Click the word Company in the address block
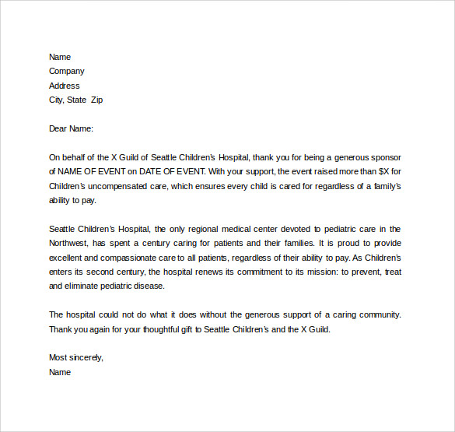(x=67, y=71)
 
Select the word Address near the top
(x=65, y=86)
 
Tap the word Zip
(x=96, y=100)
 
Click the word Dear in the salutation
(x=58, y=128)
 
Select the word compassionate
(x=121, y=257)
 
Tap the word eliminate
(x=86, y=286)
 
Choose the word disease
(x=149, y=286)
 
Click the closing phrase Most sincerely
(x=76, y=357)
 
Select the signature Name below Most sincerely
(x=60, y=372)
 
